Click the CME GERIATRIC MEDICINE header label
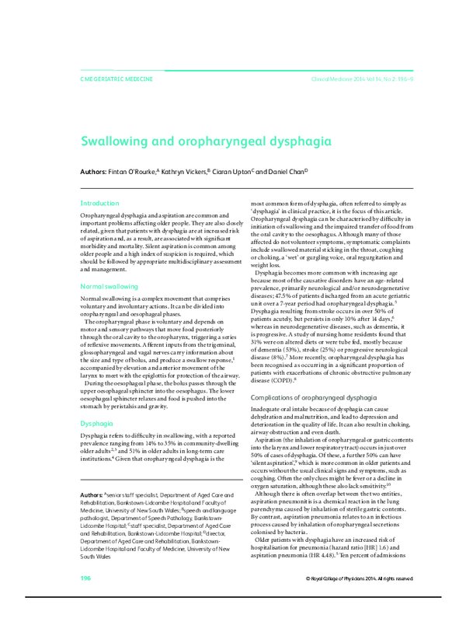pos(116,79)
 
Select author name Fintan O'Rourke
pos(134,170)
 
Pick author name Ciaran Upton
pos(231,170)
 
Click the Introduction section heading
pos(100,202)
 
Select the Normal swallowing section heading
pos(110,287)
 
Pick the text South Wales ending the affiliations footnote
pos(97,557)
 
